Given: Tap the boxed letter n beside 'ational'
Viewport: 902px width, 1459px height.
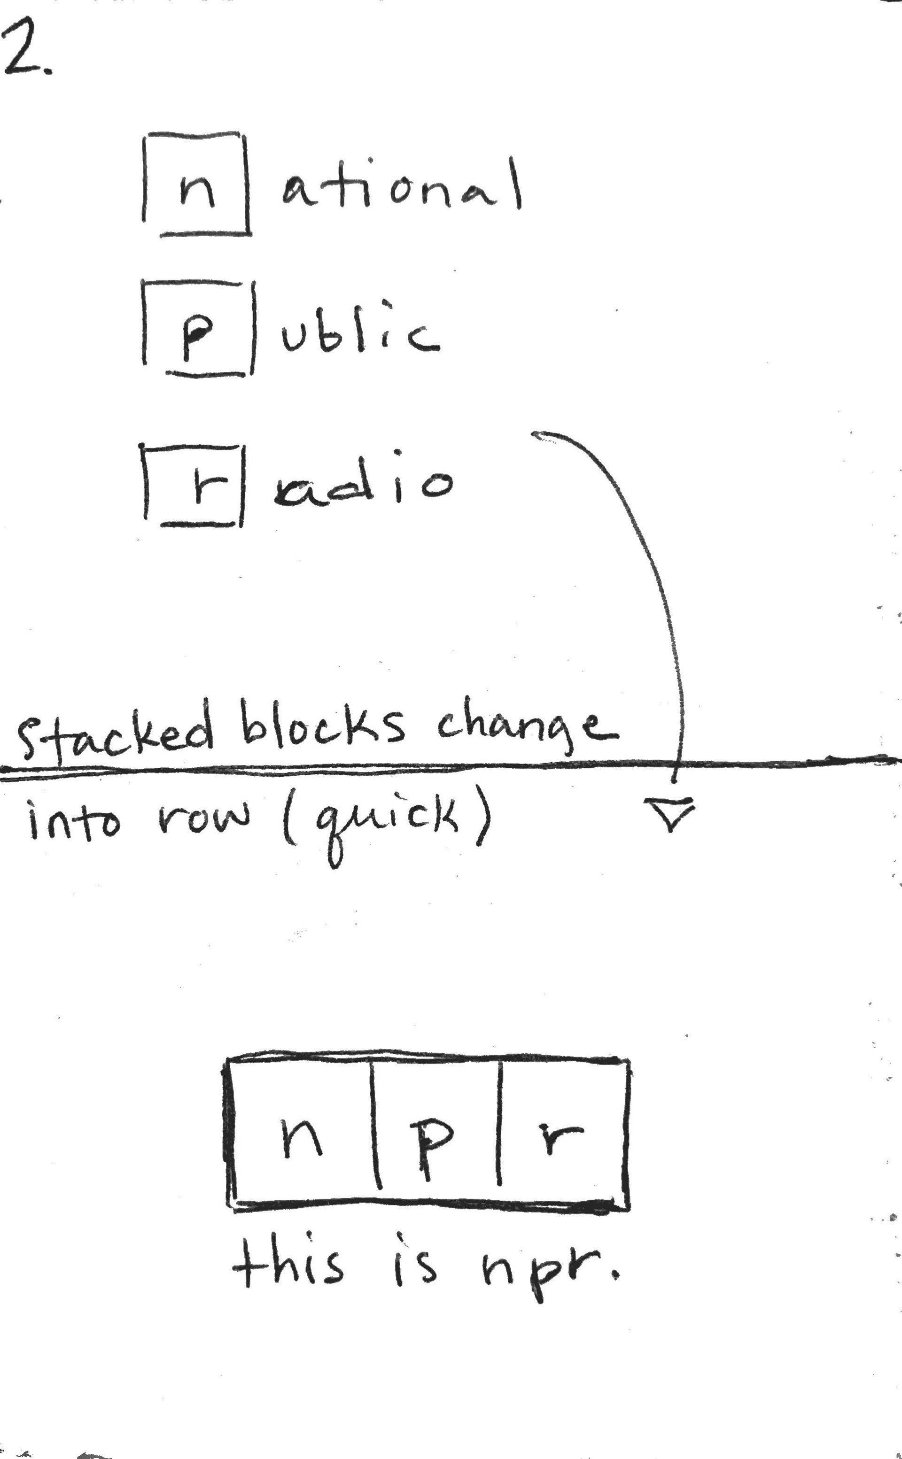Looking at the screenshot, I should tap(196, 185).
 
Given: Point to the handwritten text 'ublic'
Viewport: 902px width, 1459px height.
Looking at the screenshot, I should tap(360, 331).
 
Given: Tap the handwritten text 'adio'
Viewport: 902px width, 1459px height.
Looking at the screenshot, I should tap(363, 486).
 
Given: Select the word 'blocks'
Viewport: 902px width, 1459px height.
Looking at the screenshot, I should tap(323, 725).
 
